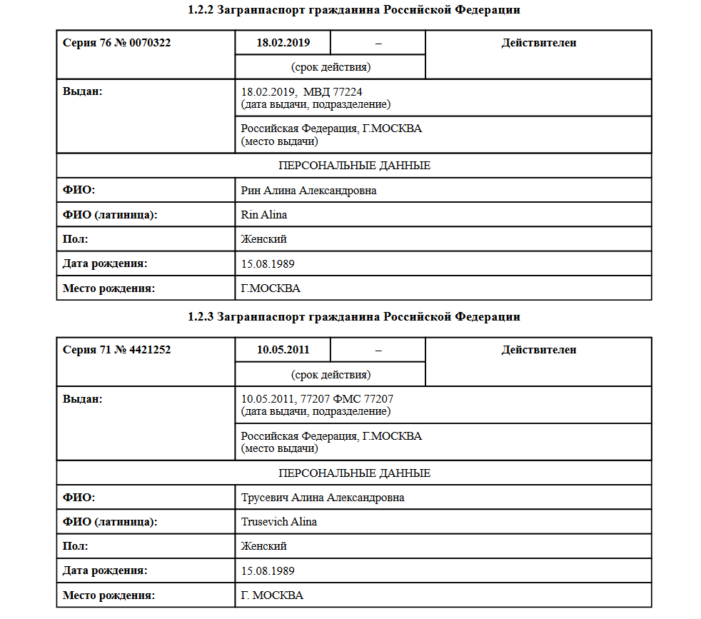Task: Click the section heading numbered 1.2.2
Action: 354,10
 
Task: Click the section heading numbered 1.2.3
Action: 354,316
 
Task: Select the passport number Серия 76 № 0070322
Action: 117,43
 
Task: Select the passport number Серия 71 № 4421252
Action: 117,350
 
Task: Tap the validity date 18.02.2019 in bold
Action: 283,43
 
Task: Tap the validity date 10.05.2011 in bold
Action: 283,350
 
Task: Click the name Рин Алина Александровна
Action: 309,191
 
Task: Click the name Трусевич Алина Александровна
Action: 323,498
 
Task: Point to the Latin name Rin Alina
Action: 264,215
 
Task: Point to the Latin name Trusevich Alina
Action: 279,522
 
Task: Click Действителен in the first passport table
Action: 539,43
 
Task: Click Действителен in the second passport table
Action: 539,350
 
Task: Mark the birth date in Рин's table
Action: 268,264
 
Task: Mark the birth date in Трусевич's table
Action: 268,570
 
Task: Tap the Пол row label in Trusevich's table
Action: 75,546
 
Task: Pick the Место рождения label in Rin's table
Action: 109,288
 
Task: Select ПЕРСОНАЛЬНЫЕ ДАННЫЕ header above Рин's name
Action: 354,166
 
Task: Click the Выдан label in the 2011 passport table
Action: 83,399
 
